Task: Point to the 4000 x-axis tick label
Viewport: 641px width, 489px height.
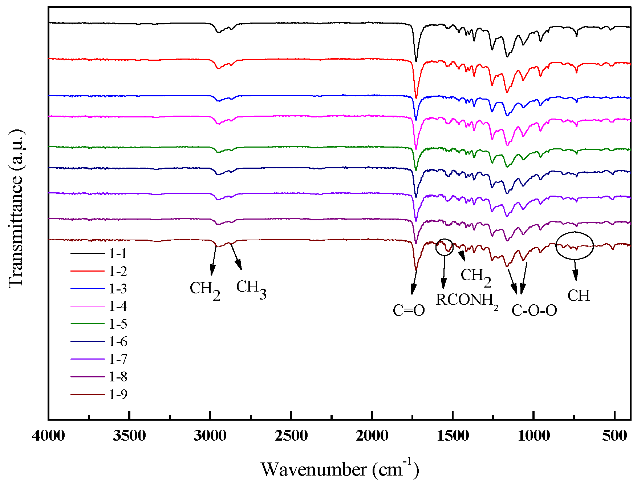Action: click(x=48, y=435)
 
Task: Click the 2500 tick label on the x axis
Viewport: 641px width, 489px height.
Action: click(x=291, y=435)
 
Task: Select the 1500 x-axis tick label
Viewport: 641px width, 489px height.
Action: click(x=453, y=435)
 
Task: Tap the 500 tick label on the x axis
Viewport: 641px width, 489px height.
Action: click(x=614, y=435)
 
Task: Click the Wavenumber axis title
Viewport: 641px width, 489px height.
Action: click(x=340, y=469)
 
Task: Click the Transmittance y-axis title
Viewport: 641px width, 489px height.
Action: click(x=16, y=209)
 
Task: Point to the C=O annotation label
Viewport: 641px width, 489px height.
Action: click(x=409, y=310)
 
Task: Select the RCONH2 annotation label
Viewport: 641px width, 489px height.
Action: click(x=466, y=300)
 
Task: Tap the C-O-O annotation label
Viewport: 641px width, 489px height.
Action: click(x=534, y=310)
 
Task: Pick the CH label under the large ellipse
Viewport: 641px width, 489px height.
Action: click(x=578, y=295)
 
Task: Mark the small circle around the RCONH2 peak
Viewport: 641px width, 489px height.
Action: click(x=445, y=247)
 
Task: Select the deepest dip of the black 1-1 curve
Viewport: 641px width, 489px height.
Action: click(x=416, y=61)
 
